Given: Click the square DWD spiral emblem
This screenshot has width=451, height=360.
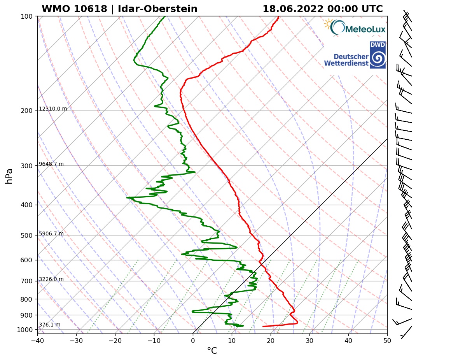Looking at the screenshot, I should (377, 55).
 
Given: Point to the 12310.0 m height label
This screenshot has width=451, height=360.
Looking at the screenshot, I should (53, 109).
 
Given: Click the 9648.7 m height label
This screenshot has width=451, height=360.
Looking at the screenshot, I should (51, 164).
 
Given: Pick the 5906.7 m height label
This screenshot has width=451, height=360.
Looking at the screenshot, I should (51, 234).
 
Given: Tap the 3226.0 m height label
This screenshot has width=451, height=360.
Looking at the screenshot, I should (51, 279).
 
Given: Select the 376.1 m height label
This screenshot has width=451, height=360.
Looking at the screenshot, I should (49, 325).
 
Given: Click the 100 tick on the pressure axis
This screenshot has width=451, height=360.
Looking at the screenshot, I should (26, 16).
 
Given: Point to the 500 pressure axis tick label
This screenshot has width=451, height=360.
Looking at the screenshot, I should (26, 235).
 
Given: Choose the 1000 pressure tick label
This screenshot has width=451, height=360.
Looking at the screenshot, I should (25, 330).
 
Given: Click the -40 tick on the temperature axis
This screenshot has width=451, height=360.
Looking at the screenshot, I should (37, 341).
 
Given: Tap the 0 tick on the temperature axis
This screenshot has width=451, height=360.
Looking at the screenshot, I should (193, 341).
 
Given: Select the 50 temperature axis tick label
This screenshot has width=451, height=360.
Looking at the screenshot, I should (387, 341).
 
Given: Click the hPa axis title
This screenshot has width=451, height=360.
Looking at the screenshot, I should (9, 176).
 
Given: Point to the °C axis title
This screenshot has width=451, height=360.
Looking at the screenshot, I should (212, 351).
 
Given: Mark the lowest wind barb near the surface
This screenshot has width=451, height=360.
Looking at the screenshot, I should (406, 332).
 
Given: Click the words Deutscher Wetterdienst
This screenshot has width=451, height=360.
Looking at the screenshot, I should (346, 60).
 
